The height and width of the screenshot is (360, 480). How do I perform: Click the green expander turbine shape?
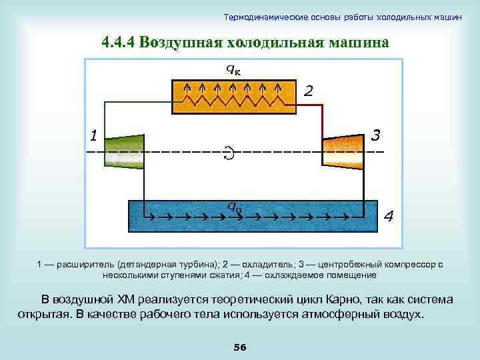pos(125,151)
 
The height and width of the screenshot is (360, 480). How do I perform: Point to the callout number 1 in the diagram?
pos(94,137)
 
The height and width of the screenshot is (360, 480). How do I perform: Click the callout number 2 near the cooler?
pos(308,90)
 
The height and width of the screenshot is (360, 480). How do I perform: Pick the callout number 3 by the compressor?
pos(375,135)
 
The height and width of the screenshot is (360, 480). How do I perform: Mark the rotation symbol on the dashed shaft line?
pos(229,153)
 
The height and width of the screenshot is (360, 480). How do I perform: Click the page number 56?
pos(240,347)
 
